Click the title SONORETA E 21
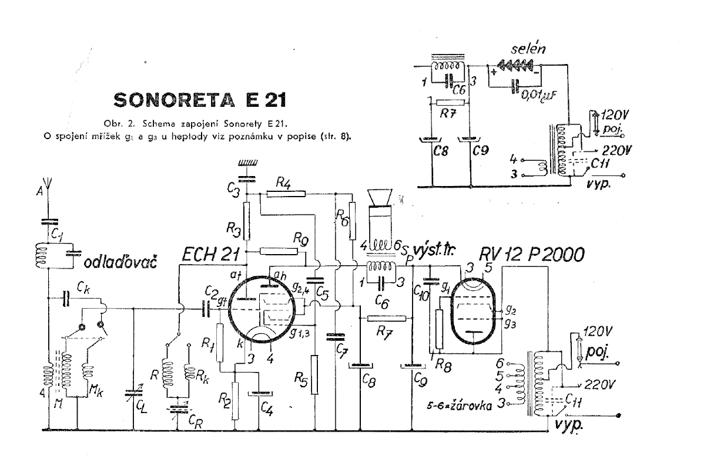click(199, 100)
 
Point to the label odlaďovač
click(121, 261)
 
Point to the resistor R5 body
click(315, 374)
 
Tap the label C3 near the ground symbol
click(233, 188)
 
